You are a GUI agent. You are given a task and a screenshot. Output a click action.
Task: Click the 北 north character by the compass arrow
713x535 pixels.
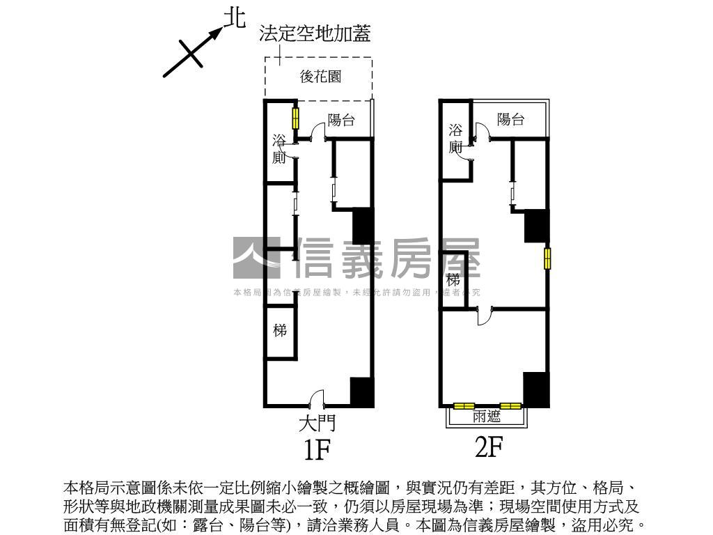tap(234, 18)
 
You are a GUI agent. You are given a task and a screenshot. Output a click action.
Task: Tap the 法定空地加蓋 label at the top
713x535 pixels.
tap(315, 33)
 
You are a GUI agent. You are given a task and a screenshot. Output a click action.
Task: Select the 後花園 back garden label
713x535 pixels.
tap(320, 77)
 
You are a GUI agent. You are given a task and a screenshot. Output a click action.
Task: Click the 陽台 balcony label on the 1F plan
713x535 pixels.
tap(341, 121)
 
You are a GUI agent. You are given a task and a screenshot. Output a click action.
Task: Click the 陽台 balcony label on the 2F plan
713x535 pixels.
tap(510, 119)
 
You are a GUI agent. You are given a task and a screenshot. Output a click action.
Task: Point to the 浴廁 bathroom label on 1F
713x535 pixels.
tap(279, 149)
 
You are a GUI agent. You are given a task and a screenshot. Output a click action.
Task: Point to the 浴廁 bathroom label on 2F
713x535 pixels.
tap(455, 138)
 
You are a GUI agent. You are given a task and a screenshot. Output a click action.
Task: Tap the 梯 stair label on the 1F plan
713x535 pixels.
tap(280, 330)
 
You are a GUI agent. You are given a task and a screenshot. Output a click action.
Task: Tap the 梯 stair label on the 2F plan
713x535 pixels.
tap(453, 280)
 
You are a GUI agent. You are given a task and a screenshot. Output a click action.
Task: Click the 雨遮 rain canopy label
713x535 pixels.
tap(487, 417)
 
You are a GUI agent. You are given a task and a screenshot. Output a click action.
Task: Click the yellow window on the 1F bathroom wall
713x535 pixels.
tap(295, 118)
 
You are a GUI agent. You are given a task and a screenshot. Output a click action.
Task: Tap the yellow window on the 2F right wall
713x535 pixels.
tap(548, 258)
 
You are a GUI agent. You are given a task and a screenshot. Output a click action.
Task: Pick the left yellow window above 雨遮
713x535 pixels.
tap(464, 405)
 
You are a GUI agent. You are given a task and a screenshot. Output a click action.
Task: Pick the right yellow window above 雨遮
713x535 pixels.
tap(510, 405)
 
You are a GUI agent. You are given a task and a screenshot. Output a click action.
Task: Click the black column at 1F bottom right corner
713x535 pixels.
tap(362, 392)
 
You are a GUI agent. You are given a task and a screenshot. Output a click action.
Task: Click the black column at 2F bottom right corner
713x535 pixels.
tap(536, 389)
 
